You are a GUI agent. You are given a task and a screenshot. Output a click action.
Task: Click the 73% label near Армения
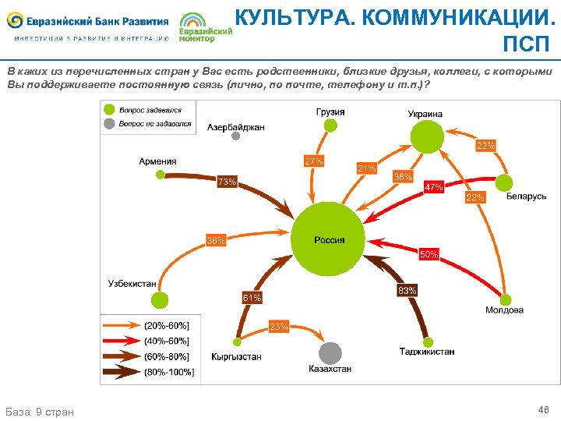[x=227, y=182]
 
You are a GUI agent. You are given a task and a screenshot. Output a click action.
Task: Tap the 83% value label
[x=407, y=291]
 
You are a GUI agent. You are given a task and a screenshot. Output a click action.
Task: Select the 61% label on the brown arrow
[x=252, y=298]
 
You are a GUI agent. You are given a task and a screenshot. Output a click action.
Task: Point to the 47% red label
[x=433, y=187]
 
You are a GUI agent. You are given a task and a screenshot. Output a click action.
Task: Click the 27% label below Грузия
[x=314, y=161]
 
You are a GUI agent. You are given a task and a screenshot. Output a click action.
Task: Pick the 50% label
[x=429, y=254]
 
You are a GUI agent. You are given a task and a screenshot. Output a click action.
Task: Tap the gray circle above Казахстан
[x=330, y=352]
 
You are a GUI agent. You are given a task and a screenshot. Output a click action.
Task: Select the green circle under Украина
[x=427, y=137]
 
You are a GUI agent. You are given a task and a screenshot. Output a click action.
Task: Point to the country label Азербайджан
[x=236, y=127]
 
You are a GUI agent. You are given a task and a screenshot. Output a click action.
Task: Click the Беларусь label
[x=526, y=196]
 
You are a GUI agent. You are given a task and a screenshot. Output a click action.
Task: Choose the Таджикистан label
[x=427, y=352]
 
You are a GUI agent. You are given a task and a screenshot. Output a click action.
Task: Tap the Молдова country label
[x=504, y=310]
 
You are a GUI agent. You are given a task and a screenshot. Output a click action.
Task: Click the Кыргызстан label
[x=236, y=356]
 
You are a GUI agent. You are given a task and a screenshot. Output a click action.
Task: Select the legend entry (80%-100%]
[x=169, y=372]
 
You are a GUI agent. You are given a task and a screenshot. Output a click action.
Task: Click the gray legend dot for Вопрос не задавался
[x=111, y=123]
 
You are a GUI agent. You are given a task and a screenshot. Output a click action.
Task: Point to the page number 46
[x=543, y=409]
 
